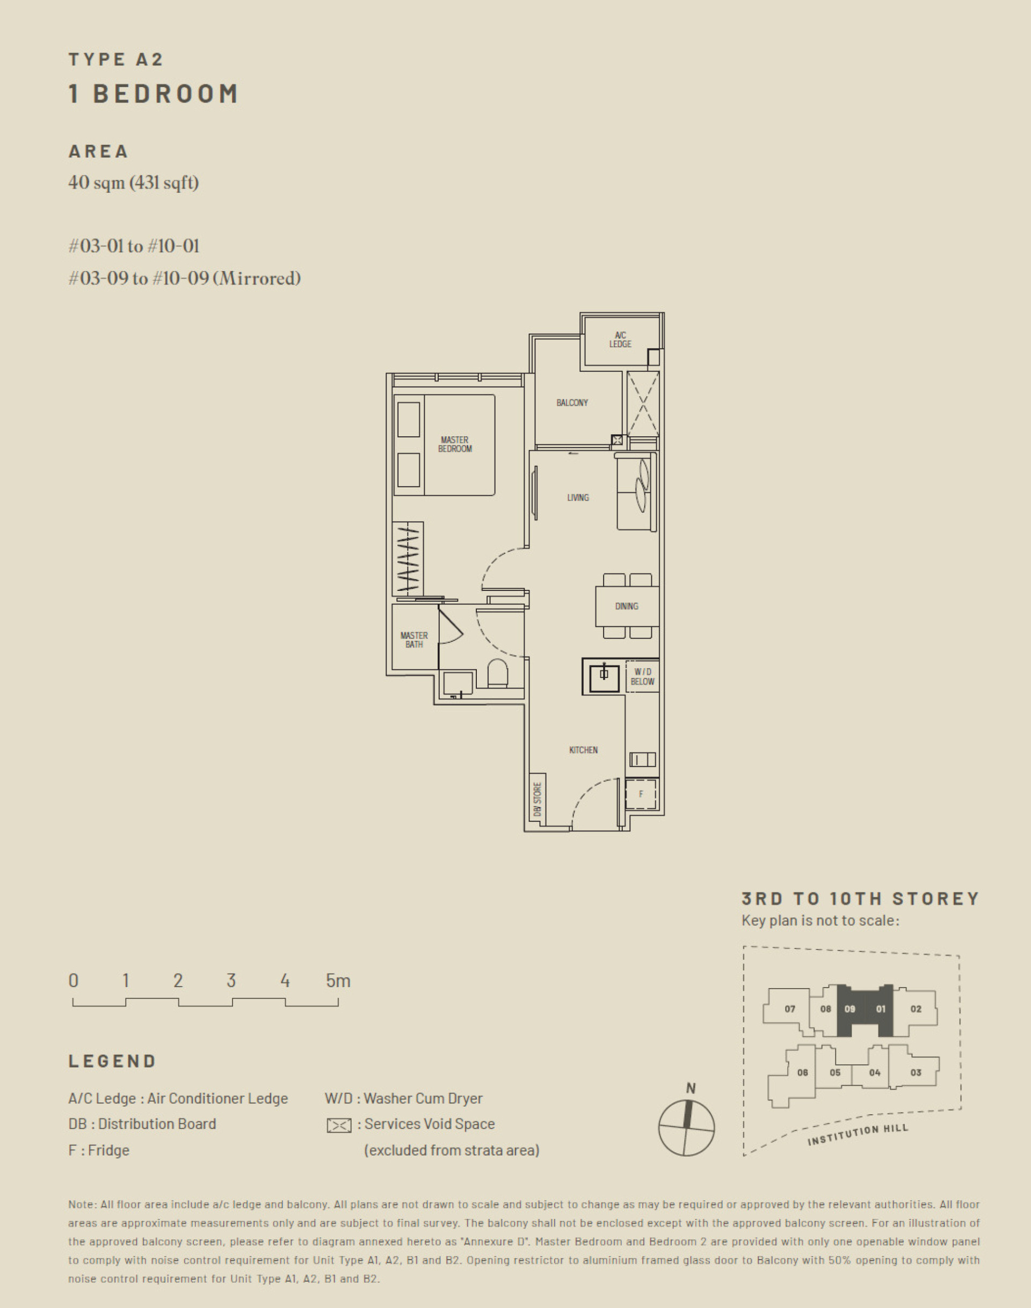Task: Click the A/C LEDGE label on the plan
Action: click(620, 340)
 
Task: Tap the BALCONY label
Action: click(572, 403)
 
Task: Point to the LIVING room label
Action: click(578, 498)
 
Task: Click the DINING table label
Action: click(627, 606)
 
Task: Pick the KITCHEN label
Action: click(583, 750)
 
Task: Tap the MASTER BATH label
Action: click(414, 640)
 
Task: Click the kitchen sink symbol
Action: click(604, 676)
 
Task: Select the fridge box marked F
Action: click(641, 794)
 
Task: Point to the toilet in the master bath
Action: click(497, 674)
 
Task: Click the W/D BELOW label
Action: click(642, 677)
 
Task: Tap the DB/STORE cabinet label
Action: click(537, 799)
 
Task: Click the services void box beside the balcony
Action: click(643, 404)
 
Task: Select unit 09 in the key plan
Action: click(850, 1009)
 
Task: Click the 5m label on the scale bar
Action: click(338, 981)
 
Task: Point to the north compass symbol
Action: click(686, 1127)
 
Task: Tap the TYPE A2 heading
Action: click(116, 59)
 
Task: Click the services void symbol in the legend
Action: click(339, 1125)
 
